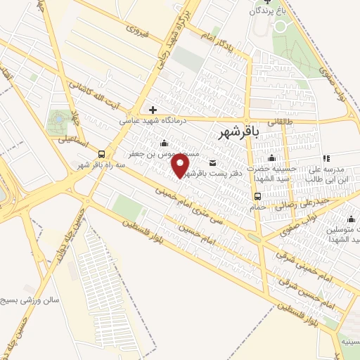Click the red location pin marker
coord(181,166)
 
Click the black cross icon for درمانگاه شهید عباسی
coord(153,110)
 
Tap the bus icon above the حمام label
coord(259,197)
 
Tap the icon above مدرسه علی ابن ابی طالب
coord(325,159)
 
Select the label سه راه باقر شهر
coord(103,165)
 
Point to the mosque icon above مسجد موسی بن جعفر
coord(164,143)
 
